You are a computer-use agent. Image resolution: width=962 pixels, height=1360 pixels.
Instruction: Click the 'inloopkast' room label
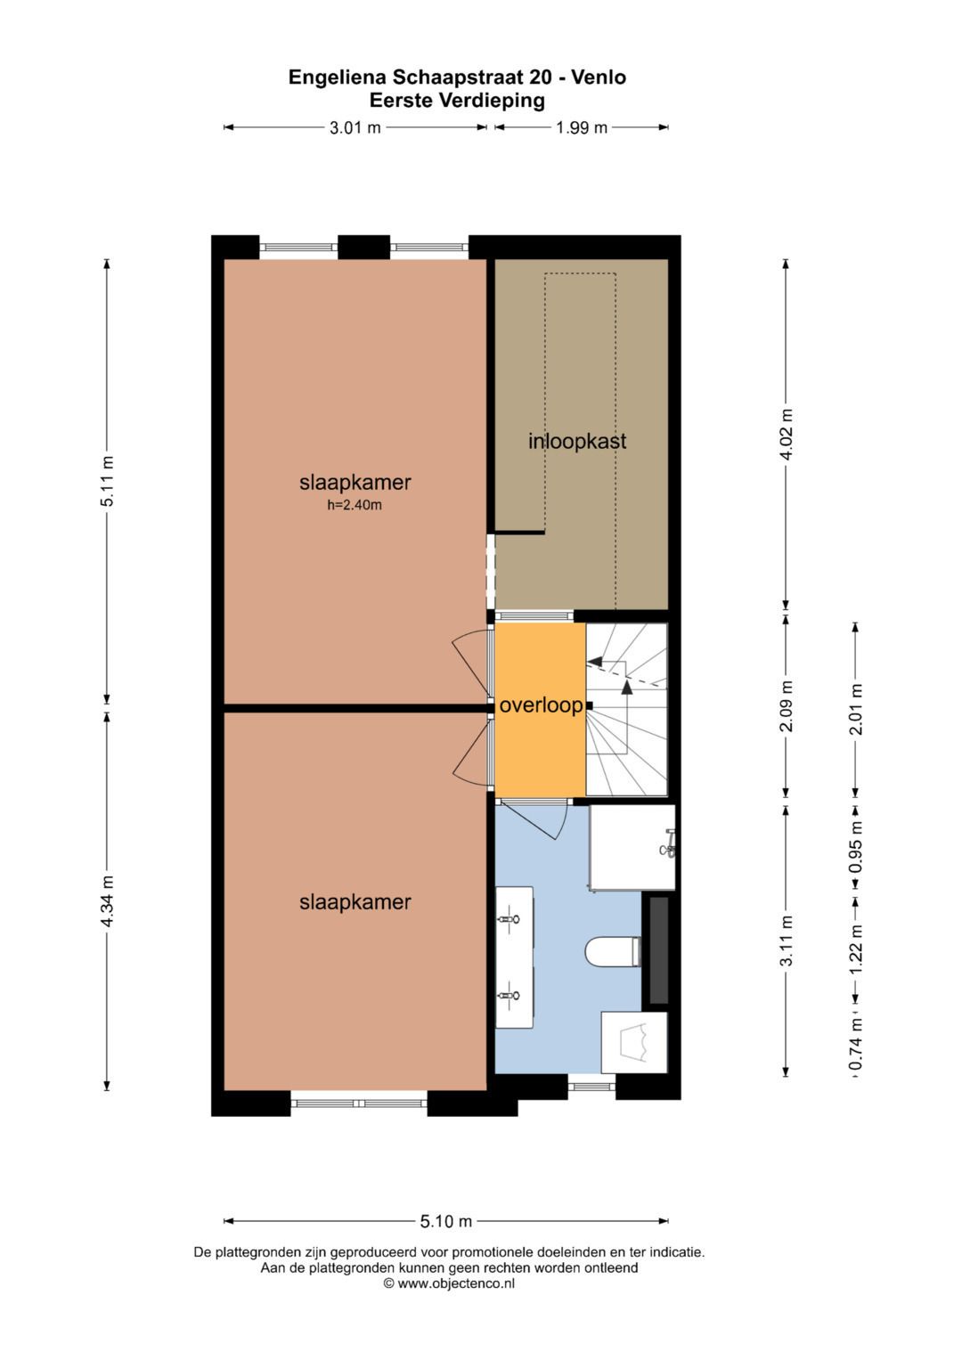[x=577, y=441]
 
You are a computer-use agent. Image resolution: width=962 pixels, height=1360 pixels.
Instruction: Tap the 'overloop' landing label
[x=541, y=705]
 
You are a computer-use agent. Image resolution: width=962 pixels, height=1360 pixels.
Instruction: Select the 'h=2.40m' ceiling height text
[x=355, y=505]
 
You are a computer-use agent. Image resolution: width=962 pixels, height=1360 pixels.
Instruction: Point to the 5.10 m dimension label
[x=445, y=1221]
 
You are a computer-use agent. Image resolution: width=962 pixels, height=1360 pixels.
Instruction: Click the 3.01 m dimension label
[x=355, y=127]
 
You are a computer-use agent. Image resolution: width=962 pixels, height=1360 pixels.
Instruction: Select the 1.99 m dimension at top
[x=582, y=127]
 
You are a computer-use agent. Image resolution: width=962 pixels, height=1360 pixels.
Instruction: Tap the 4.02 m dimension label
[x=786, y=434]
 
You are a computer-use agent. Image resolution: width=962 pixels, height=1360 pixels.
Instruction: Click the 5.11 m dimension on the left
[x=107, y=481]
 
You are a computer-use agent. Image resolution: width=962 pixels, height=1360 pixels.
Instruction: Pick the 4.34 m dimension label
[x=107, y=900]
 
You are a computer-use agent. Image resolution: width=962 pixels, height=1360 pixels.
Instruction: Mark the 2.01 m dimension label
[x=856, y=709]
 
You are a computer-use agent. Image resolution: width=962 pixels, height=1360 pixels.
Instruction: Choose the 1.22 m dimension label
[x=856, y=949]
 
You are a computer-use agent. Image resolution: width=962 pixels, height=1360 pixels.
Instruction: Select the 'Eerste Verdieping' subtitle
[x=457, y=101]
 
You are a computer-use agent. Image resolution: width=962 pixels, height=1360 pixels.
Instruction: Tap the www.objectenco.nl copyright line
[x=449, y=1283]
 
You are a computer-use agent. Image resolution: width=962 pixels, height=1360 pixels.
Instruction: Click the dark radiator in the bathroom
[x=658, y=950]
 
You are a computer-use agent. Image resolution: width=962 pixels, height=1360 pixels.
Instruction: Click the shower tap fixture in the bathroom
[x=669, y=843]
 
